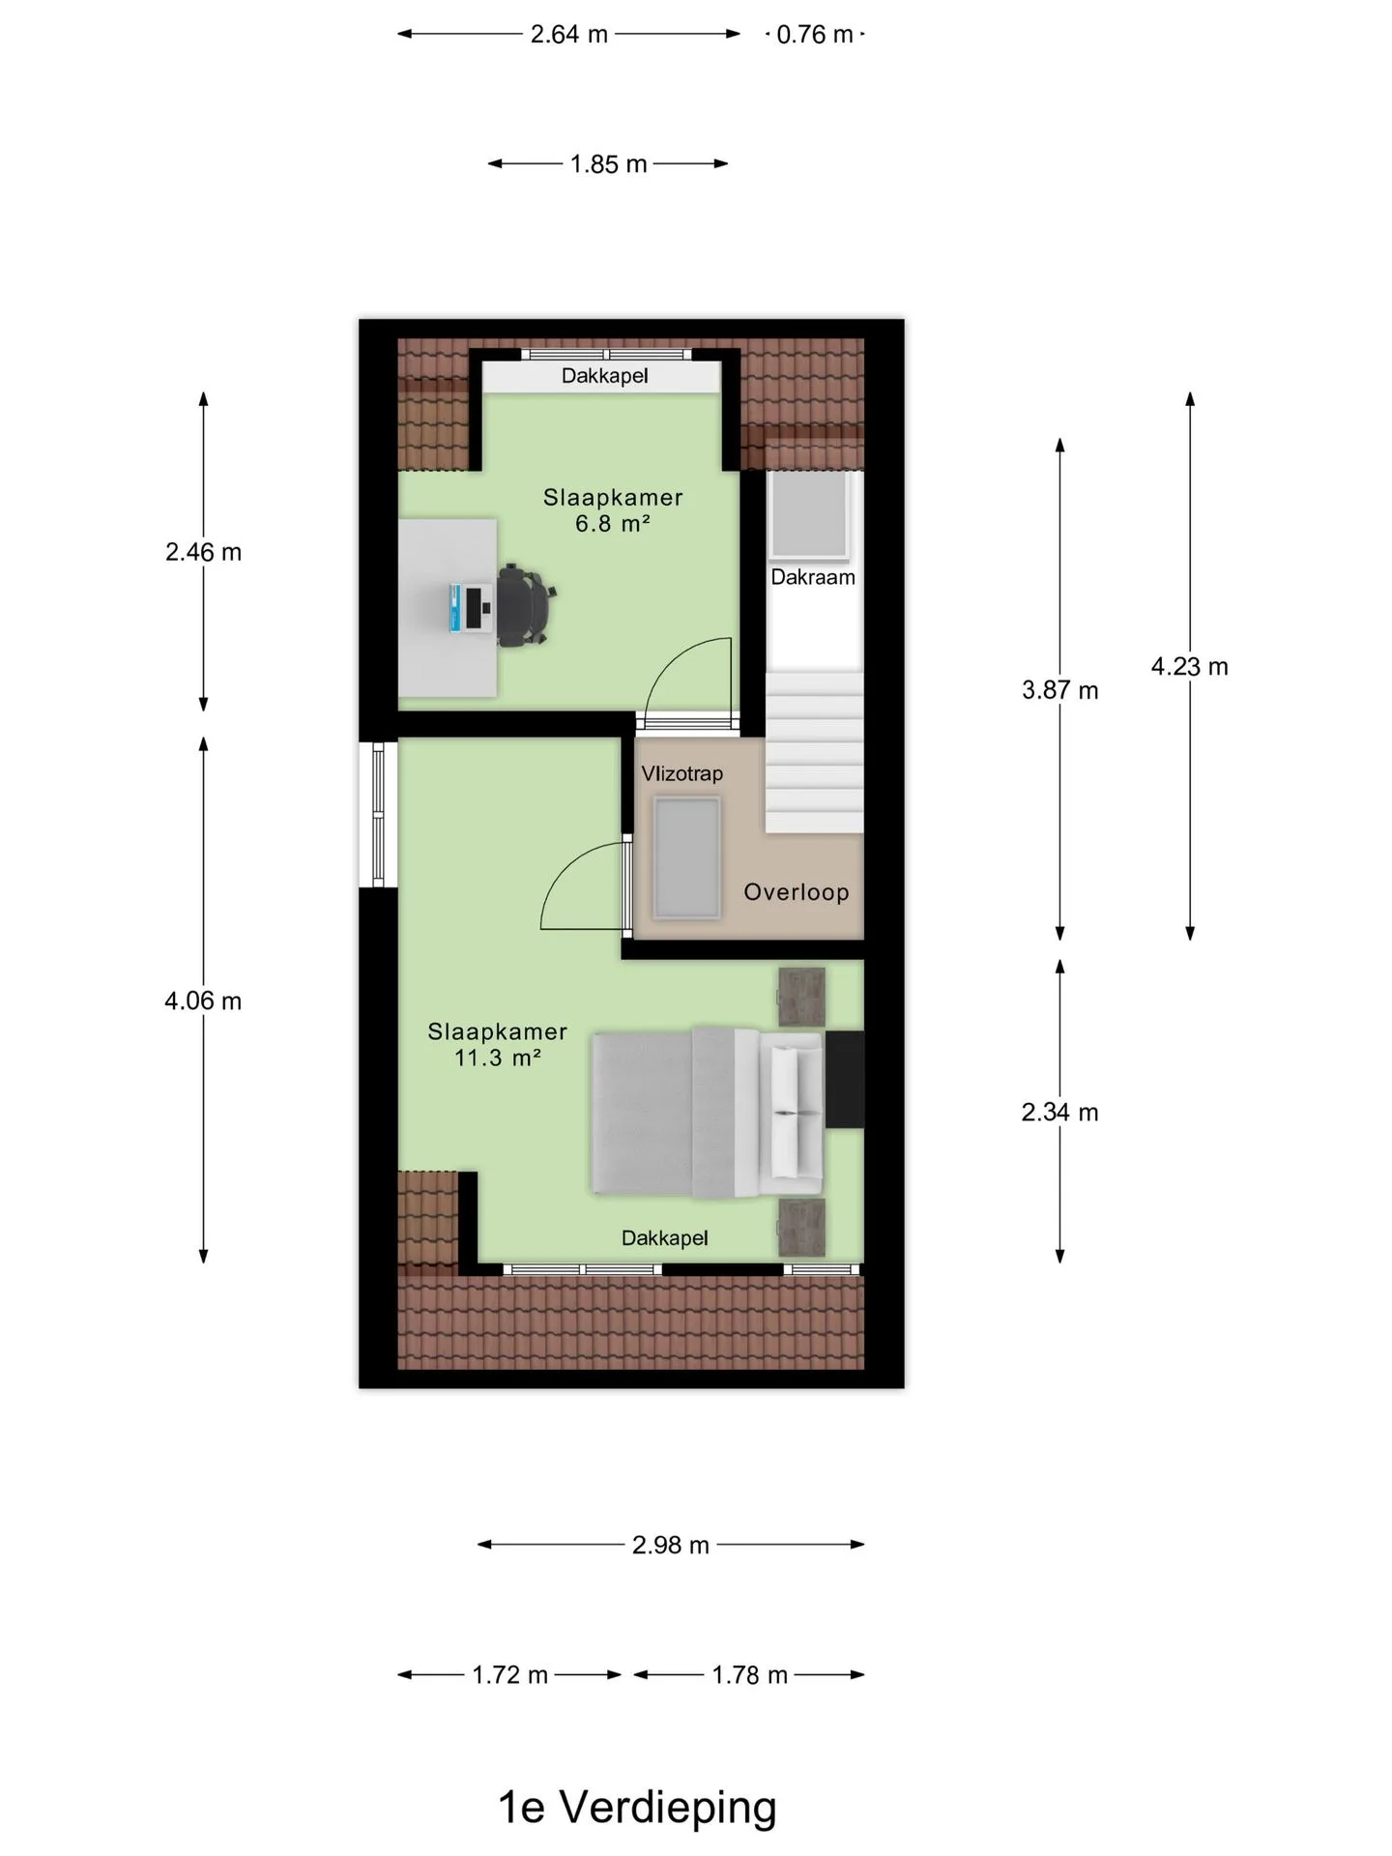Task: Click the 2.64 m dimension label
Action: (x=568, y=35)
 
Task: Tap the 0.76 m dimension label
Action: (x=815, y=35)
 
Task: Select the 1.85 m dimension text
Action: (x=608, y=164)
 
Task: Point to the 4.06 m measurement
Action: (x=203, y=1000)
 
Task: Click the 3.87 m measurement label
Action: (x=1060, y=690)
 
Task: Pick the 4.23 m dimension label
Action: (x=1190, y=666)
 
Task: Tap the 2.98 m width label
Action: (x=671, y=1545)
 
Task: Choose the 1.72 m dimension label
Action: (x=510, y=1675)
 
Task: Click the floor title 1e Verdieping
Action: (x=637, y=1807)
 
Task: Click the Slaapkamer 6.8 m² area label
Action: (x=613, y=510)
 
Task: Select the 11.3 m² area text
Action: (x=498, y=1058)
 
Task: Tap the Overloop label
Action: (x=797, y=892)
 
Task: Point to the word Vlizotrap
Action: (x=682, y=773)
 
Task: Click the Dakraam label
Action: (x=813, y=577)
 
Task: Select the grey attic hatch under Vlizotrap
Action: (x=686, y=857)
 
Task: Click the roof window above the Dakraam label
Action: (x=809, y=516)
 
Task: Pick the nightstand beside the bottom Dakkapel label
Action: (x=802, y=1227)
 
